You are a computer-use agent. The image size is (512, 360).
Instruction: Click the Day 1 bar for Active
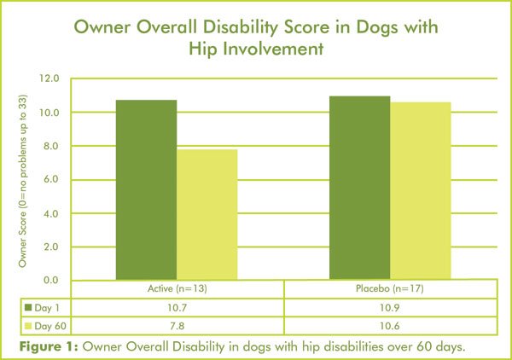tap(146, 189)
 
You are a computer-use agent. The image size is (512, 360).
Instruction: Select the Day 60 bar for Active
tap(207, 214)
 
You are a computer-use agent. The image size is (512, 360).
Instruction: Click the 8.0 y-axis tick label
tap(49, 146)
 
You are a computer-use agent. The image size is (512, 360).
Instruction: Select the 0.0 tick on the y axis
tap(49, 280)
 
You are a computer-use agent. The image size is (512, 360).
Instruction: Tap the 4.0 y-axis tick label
tap(49, 213)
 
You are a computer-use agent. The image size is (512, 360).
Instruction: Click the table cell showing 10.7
tap(177, 305)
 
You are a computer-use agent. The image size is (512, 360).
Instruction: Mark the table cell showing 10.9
tap(389, 305)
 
